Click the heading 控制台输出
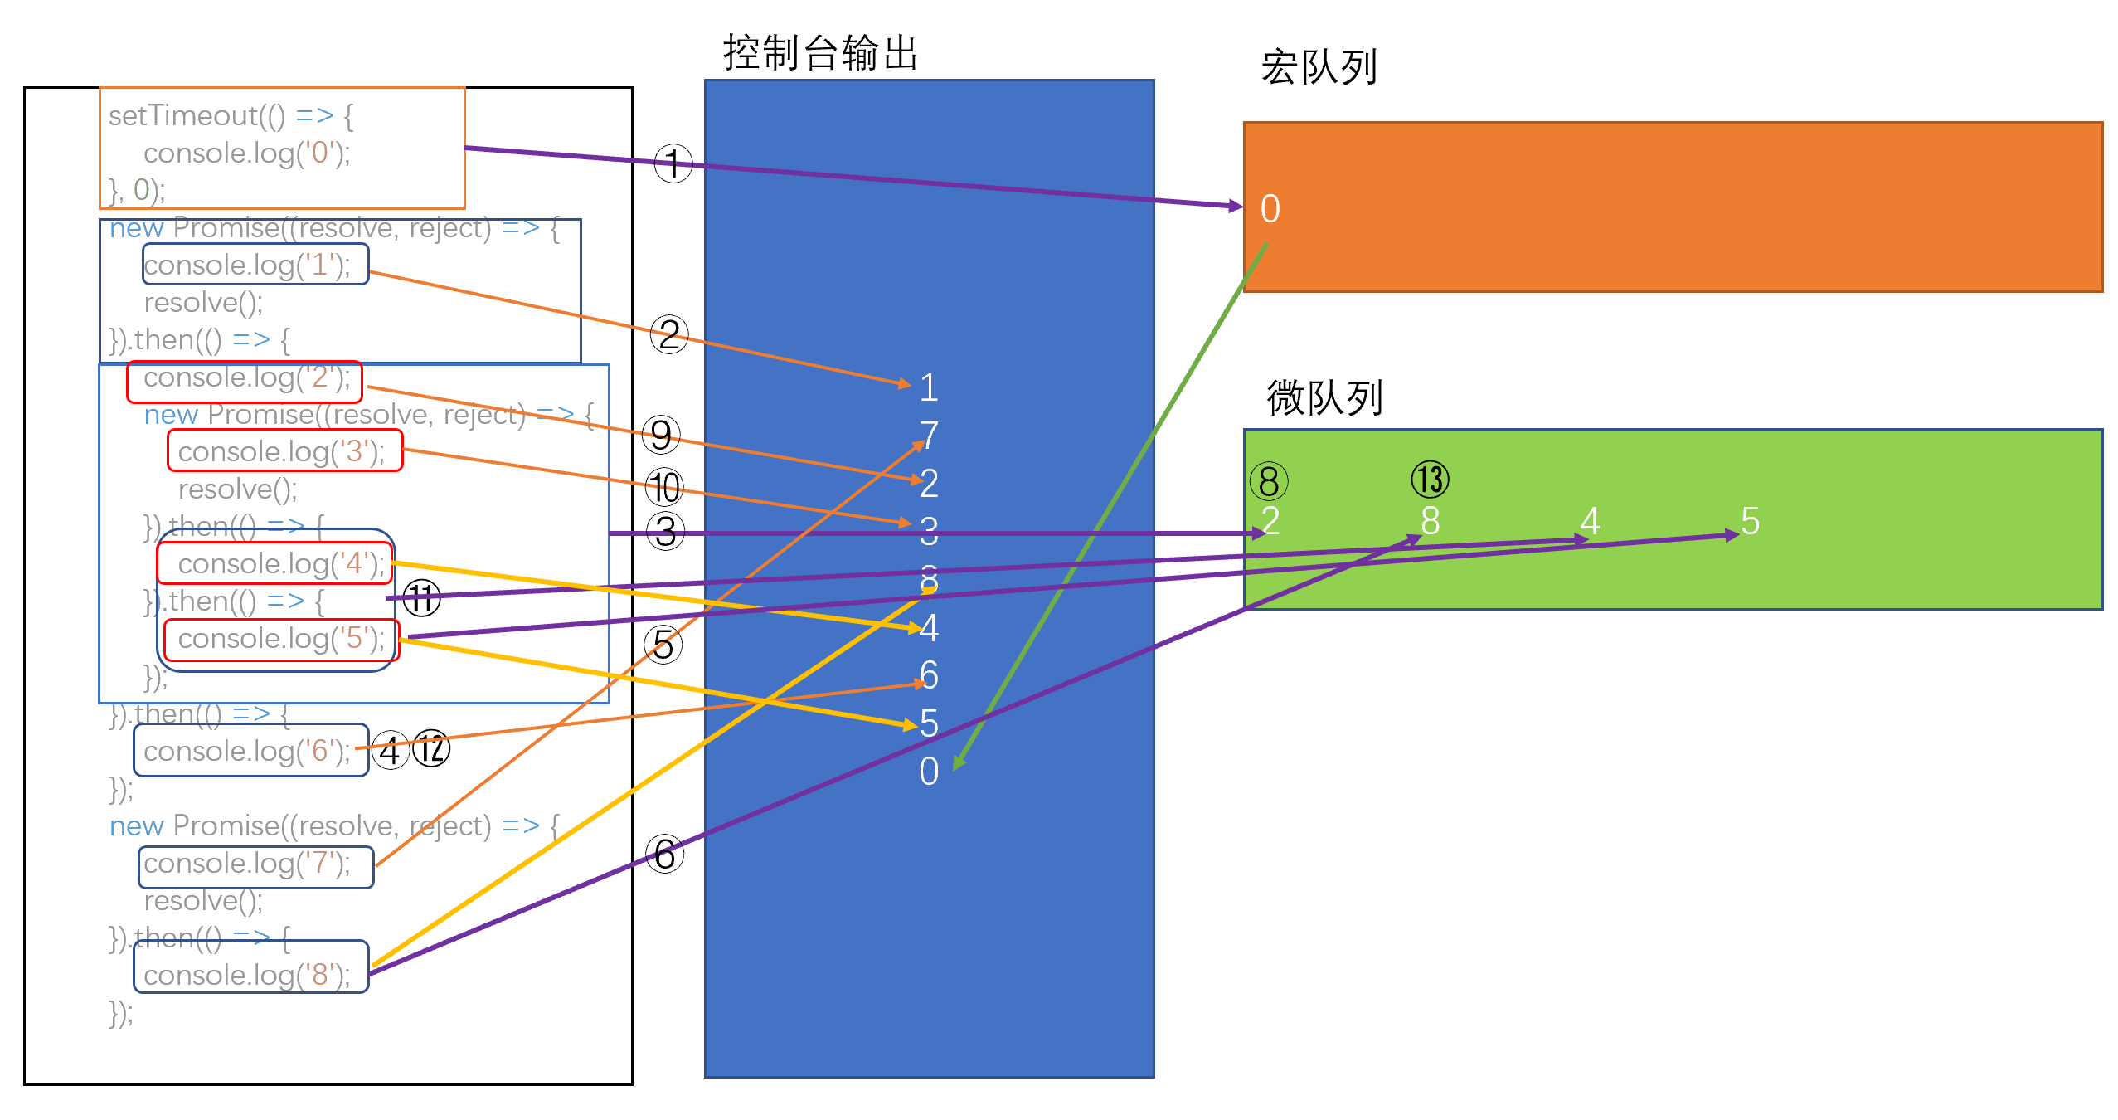pyautogui.click(x=820, y=53)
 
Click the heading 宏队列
pyautogui.click(x=1319, y=67)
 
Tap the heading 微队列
pyautogui.click(x=1324, y=397)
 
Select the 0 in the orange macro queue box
pyautogui.click(x=1270, y=209)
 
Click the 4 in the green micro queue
pyautogui.click(x=1589, y=521)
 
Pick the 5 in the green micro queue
pyautogui.click(x=1750, y=521)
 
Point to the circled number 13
pyautogui.click(x=1430, y=480)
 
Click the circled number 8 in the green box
pyautogui.click(x=1268, y=481)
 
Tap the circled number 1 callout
pyautogui.click(x=673, y=163)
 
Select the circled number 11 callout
pyautogui.click(x=421, y=597)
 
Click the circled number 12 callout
pyautogui.click(x=431, y=749)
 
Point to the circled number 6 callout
pyautogui.click(x=665, y=855)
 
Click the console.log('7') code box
pyautogui.click(x=255, y=866)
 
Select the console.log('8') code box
pyautogui.click(x=250, y=967)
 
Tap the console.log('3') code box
pyautogui.click(x=284, y=450)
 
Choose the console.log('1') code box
pyautogui.click(x=255, y=265)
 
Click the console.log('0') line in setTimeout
pyautogui.click(x=247, y=153)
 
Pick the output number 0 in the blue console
pyautogui.click(x=929, y=772)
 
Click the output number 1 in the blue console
pyautogui.click(x=929, y=387)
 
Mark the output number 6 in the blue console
pyautogui.click(x=929, y=675)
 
